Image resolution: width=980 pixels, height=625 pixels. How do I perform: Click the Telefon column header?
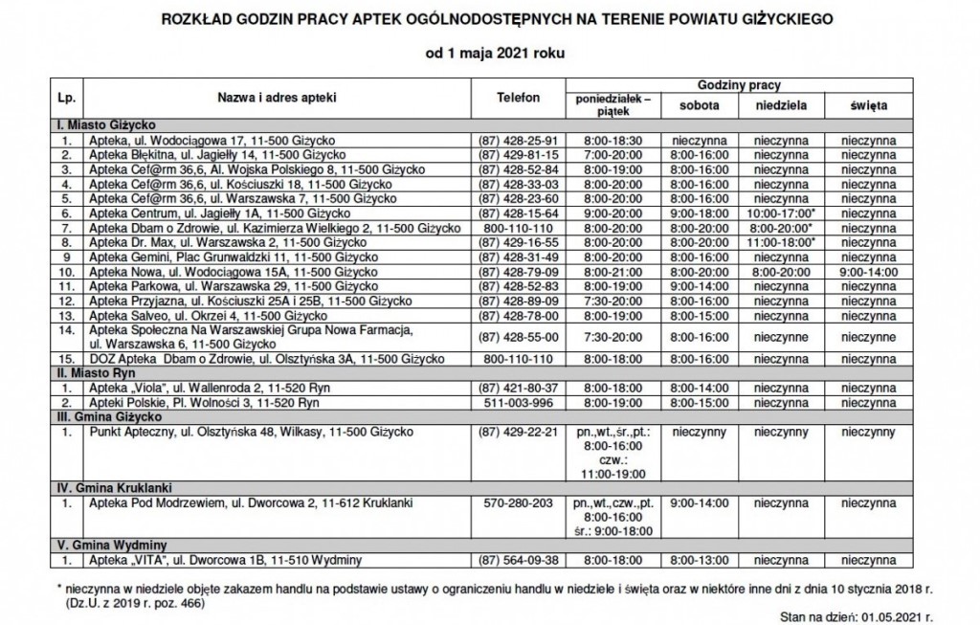[x=519, y=98]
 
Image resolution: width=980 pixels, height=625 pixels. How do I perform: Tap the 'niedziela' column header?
[x=782, y=104]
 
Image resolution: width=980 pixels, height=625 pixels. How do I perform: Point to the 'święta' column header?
[x=868, y=104]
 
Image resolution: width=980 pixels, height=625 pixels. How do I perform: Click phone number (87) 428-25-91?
[x=519, y=140]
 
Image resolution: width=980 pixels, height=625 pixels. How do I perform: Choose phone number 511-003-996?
[x=519, y=404]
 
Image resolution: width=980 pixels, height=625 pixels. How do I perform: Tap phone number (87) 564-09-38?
[x=519, y=561]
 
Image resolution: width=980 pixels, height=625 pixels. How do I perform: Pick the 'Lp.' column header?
[x=66, y=98]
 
